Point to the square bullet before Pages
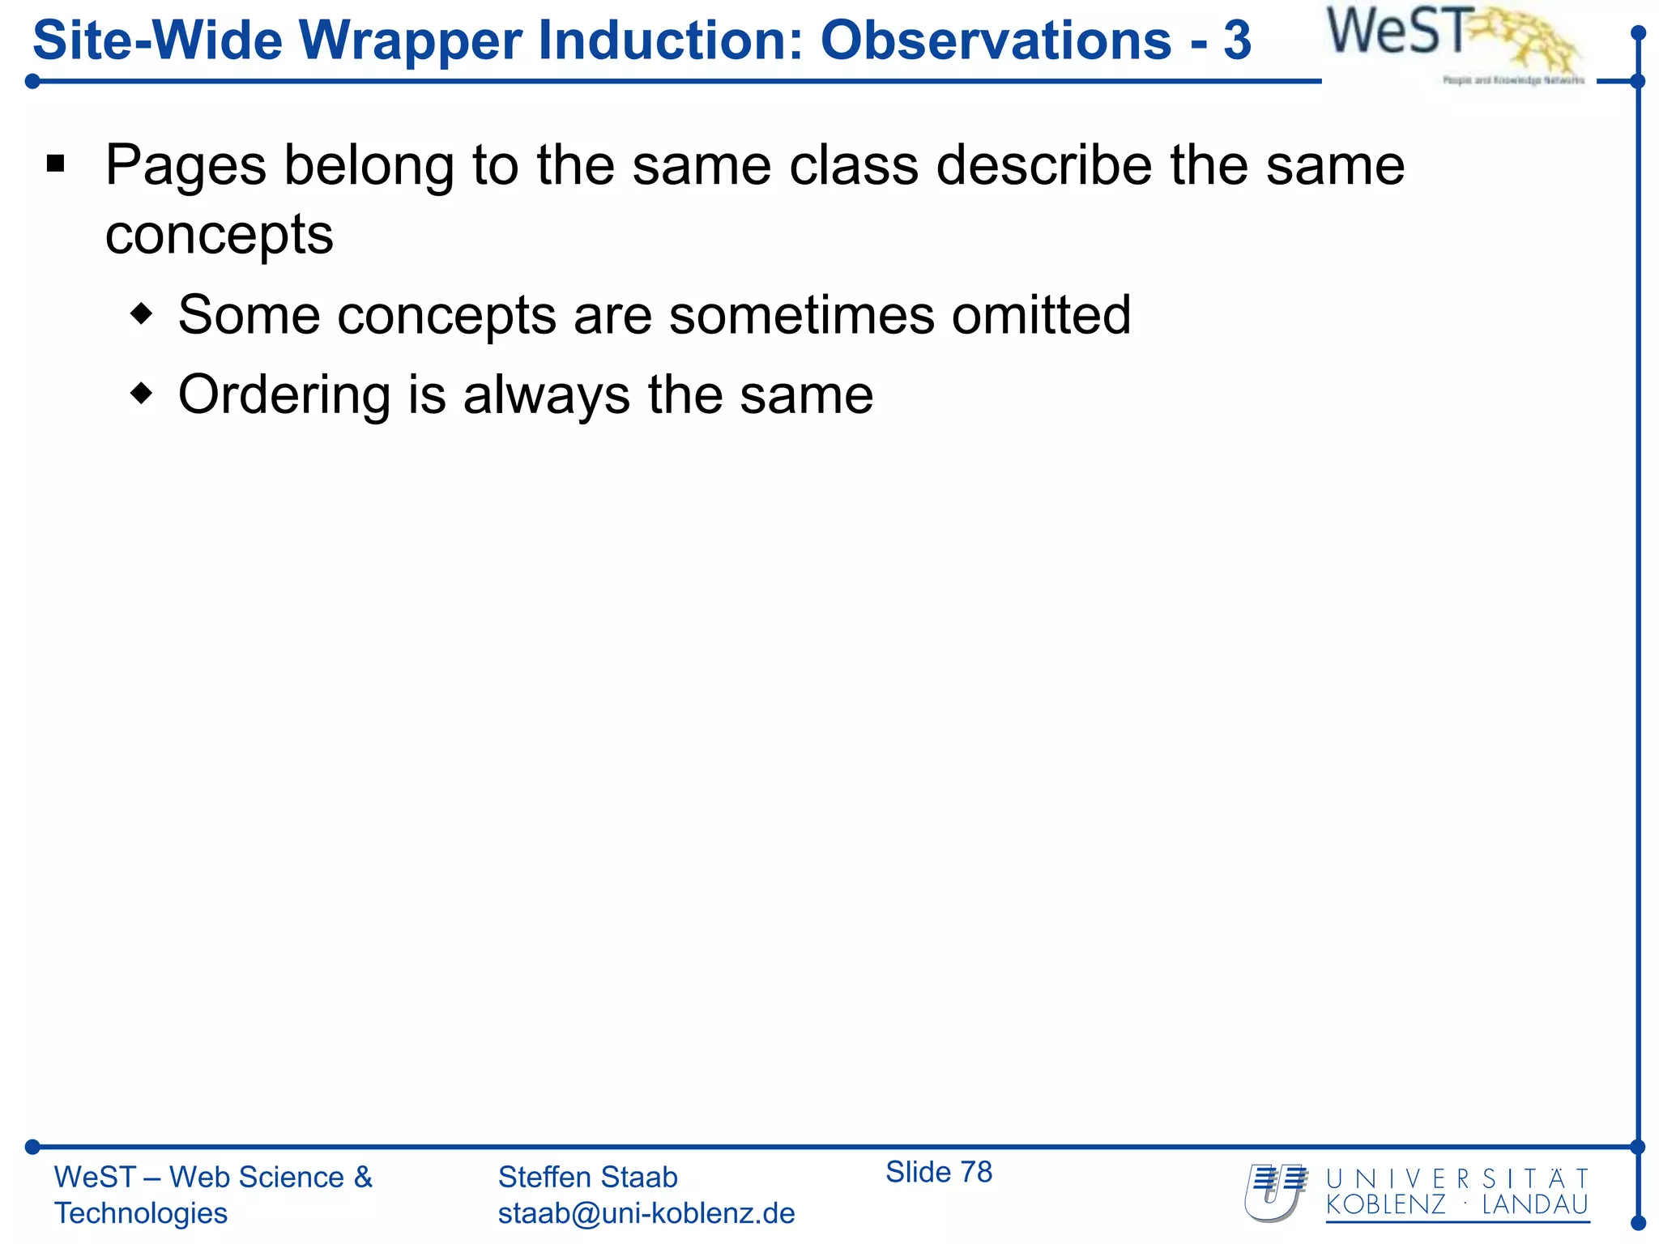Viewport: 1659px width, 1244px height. pyautogui.click(x=56, y=165)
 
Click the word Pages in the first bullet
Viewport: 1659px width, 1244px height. pyautogui.click(x=186, y=166)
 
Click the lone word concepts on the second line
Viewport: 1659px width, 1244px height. pyautogui.click(x=219, y=236)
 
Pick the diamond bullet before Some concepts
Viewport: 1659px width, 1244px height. pyautogui.click(x=142, y=314)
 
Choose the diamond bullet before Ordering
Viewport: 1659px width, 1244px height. pyautogui.click(x=142, y=394)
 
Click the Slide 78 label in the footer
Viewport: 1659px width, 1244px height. pyautogui.click(x=938, y=1172)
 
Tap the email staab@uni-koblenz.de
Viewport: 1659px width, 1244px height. pyautogui.click(x=646, y=1213)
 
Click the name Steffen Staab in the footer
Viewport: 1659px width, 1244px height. pyautogui.click(x=587, y=1177)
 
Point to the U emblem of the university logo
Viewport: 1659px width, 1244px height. pyautogui.click(x=1275, y=1192)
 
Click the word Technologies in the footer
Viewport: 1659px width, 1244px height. pyautogui.click(x=141, y=1213)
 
